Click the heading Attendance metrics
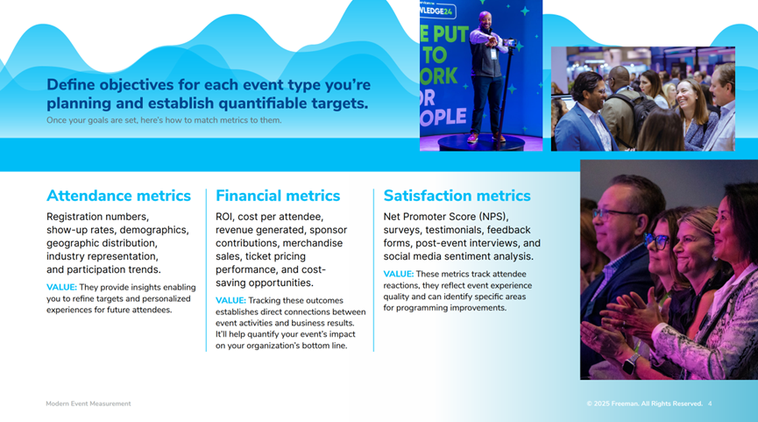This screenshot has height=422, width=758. click(x=118, y=196)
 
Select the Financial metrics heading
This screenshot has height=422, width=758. click(x=278, y=196)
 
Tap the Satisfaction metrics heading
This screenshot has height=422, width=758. click(x=457, y=196)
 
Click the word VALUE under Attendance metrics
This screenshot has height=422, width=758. click(x=61, y=288)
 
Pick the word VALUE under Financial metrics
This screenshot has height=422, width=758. click(x=230, y=301)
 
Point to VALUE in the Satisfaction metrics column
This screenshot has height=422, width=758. click(x=399, y=274)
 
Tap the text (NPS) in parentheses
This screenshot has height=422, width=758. click(x=493, y=217)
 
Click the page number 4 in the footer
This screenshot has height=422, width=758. click(x=710, y=404)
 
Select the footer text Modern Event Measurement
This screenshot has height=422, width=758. click(x=89, y=404)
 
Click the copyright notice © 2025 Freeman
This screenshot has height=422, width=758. click(x=612, y=404)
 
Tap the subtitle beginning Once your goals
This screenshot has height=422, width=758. click(x=164, y=120)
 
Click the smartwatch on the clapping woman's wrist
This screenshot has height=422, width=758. click(x=630, y=364)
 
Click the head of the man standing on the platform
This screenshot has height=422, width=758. click(x=485, y=20)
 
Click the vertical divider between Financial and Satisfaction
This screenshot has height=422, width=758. click(x=373, y=270)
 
